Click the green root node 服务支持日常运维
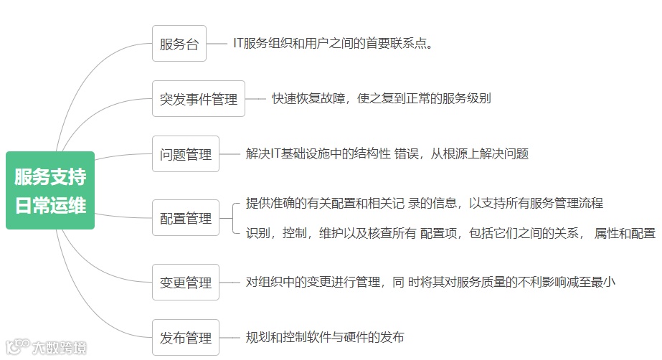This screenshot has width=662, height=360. pyautogui.click(x=50, y=190)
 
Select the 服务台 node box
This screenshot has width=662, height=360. pyautogui.click(x=179, y=43)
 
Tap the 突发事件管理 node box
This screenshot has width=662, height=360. pyautogui.click(x=199, y=98)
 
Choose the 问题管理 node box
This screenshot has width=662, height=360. pyautogui.click(x=186, y=153)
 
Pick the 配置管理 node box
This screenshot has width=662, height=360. pyautogui.click(x=186, y=217)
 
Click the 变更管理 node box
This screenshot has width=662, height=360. pyautogui.click(x=186, y=282)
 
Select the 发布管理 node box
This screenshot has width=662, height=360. pyautogui.click(x=186, y=337)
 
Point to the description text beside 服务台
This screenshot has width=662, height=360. pyautogui.click(x=334, y=43)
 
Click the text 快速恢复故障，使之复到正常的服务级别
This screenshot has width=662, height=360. pyautogui.click(x=381, y=98)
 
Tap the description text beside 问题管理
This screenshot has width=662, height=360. pyautogui.click(x=387, y=153)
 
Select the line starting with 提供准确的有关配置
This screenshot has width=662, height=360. pyautogui.click(x=424, y=203)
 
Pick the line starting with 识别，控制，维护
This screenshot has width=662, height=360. pyautogui.click(x=450, y=232)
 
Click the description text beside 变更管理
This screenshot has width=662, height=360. pyautogui.click(x=430, y=282)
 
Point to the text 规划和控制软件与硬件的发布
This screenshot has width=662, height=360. pyautogui.click(x=324, y=337)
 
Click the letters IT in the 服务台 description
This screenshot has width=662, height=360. pyautogui.click(x=238, y=43)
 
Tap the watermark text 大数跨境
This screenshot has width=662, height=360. pyautogui.click(x=59, y=348)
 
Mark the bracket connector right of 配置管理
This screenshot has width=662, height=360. pyautogui.click(x=235, y=217)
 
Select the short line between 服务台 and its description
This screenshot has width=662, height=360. pyautogui.click(x=217, y=43)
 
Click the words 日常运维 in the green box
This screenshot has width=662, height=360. pyautogui.click(x=50, y=204)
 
